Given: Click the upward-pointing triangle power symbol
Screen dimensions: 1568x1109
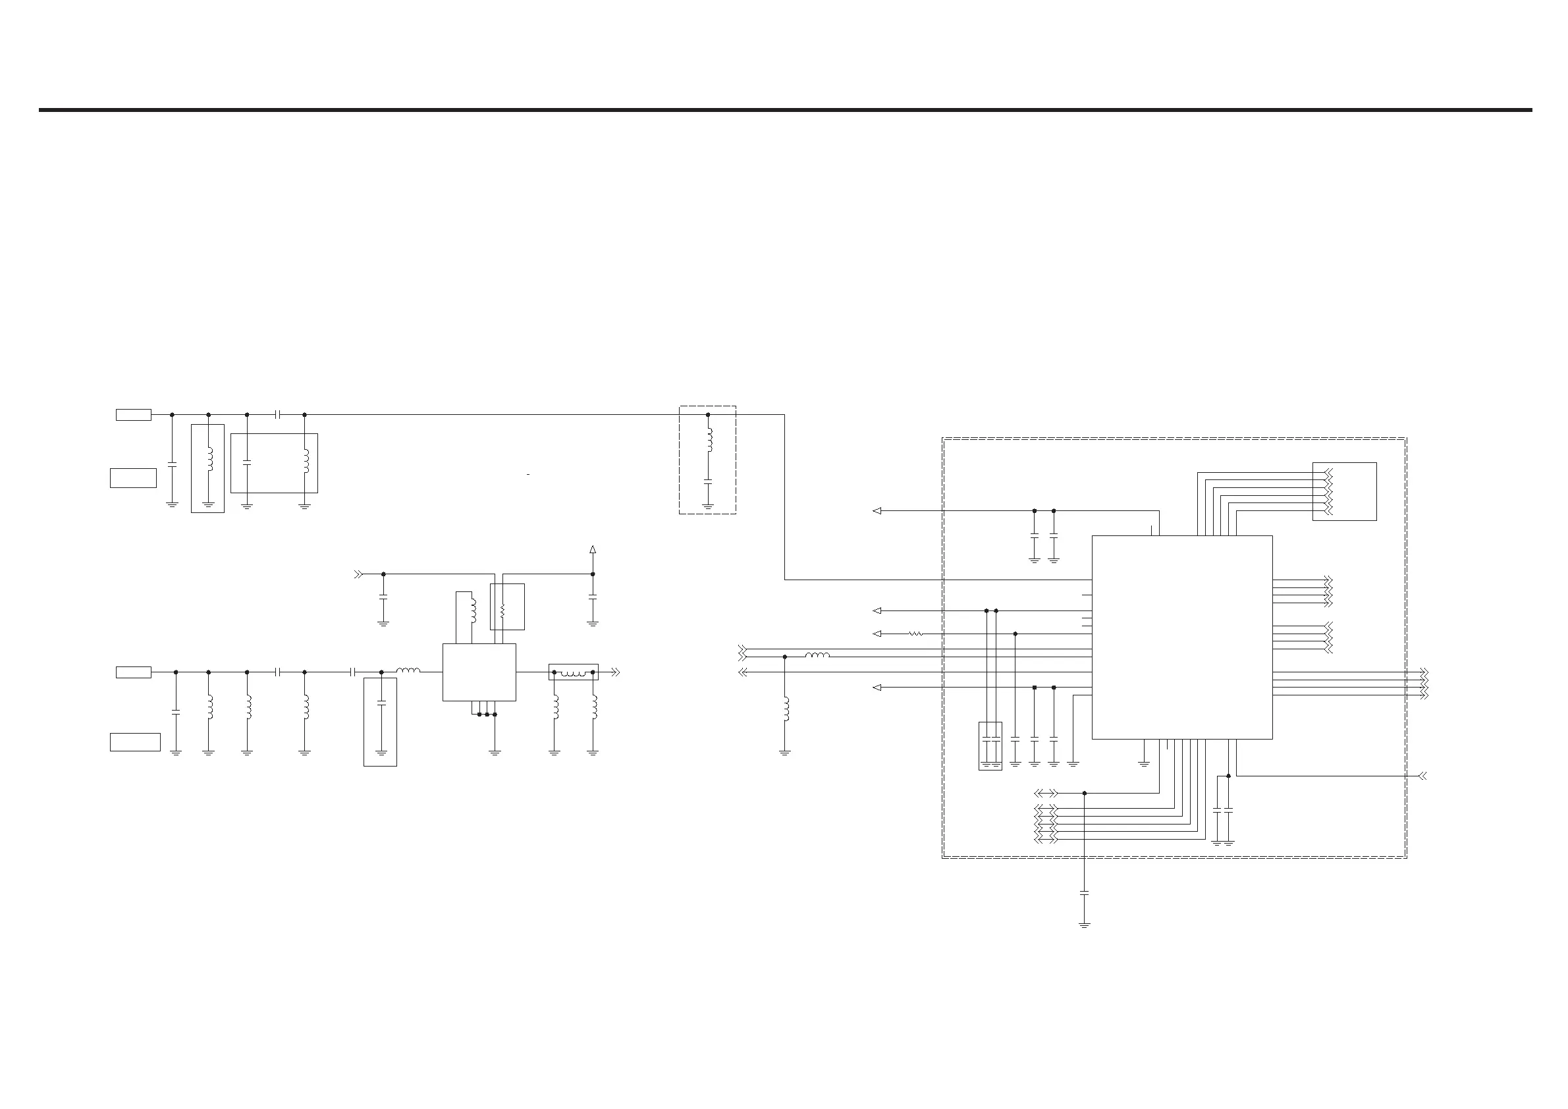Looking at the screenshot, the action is pos(593,549).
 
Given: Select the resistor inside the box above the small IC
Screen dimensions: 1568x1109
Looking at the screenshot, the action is pos(502,610).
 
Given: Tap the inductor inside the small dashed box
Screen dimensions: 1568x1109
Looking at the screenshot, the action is pos(708,441).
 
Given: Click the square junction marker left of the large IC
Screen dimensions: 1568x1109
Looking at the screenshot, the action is pos(1035,688).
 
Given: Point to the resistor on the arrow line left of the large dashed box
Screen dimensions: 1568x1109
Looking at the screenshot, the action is pos(916,634).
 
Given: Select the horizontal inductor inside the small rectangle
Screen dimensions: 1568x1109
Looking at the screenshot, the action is pos(574,673).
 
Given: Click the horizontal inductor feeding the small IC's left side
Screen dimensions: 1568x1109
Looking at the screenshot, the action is pos(408,671).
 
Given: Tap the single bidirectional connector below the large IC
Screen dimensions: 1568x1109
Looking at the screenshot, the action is pos(1046,793).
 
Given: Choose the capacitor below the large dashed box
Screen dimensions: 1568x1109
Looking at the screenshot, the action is pos(1085,892).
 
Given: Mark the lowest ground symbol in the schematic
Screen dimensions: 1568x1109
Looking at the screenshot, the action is pos(1085,925).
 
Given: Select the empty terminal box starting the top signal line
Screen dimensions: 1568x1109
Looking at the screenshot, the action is pos(134,414).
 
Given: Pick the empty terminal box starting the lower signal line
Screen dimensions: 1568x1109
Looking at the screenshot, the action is pos(134,672).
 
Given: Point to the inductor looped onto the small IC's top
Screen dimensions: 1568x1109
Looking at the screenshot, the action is pos(473,611).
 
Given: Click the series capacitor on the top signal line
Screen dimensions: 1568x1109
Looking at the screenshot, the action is pos(277,414).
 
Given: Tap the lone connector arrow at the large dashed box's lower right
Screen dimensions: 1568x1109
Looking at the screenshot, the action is pos(1423,776).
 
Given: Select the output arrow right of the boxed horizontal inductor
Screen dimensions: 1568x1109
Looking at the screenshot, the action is pos(615,672).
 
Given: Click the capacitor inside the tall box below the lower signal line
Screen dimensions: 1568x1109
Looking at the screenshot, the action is pos(381,703).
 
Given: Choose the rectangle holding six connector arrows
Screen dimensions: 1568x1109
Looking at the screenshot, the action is pos(1344,492).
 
